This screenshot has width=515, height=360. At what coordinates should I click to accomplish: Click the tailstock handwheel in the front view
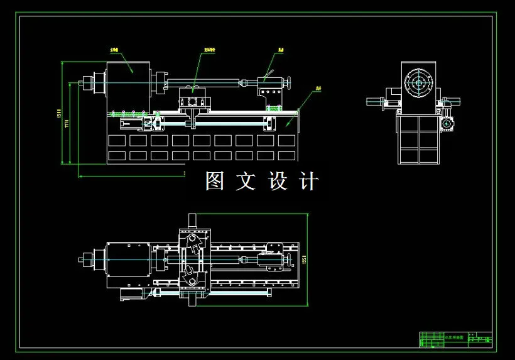point(290,82)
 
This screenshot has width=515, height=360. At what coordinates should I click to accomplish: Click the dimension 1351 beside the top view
point(303,259)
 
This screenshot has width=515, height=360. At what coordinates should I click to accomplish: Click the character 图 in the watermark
point(215,181)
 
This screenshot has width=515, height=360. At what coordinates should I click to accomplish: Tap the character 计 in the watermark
point(310,181)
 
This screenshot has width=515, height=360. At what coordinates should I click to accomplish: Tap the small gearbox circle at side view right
point(447,124)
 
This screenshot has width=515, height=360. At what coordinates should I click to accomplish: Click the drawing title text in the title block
point(454,337)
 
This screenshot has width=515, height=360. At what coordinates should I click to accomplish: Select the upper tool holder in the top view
point(194,243)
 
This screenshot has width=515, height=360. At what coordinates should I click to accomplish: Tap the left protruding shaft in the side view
point(376,101)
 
